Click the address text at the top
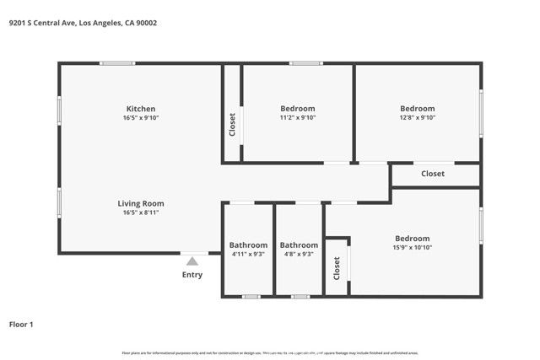[x=83, y=23]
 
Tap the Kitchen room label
[x=140, y=109]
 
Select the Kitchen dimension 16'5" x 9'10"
[x=140, y=118]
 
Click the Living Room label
[x=140, y=203]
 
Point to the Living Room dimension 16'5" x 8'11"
[x=140, y=212]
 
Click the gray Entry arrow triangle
[x=192, y=261]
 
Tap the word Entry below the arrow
[x=192, y=275]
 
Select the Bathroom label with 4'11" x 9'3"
[x=248, y=245]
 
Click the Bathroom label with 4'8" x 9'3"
[x=299, y=245]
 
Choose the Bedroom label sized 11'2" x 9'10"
[x=297, y=109]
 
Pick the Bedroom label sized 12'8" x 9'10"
[x=417, y=109]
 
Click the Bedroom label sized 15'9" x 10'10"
[x=412, y=239]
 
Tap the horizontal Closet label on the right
[x=433, y=174]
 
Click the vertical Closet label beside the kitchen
[x=232, y=125]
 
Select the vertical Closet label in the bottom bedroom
[x=337, y=268]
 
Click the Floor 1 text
[x=21, y=324]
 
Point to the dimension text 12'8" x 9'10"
[x=417, y=118]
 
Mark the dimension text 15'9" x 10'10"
[x=412, y=248]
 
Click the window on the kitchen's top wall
[x=116, y=63]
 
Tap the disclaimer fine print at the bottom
[x=270, y=352]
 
